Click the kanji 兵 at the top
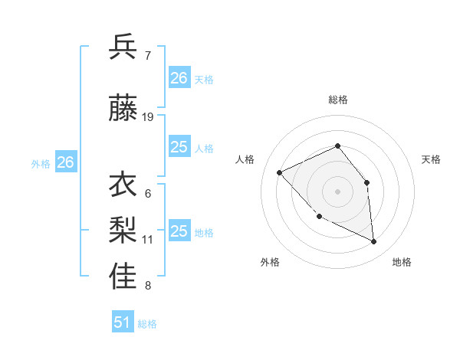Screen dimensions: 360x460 123,47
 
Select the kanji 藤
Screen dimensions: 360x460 123,109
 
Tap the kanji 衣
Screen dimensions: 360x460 123,185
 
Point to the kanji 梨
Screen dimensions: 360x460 123,231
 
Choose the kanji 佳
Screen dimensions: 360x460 123,277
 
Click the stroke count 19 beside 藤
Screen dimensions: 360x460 148,117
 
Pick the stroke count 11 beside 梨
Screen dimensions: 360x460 148,239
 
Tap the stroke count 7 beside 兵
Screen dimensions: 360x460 147,56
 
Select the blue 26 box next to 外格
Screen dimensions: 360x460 66,162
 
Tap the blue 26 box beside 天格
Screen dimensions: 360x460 179,77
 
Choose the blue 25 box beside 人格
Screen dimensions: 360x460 179,147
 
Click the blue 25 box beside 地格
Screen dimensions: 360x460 179,231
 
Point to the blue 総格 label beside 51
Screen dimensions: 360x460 147,324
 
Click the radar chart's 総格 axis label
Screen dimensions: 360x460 337,100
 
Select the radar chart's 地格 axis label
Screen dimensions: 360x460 402,262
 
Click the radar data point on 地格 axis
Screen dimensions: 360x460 374,242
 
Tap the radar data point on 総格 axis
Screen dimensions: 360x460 337,146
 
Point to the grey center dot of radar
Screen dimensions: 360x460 337,191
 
